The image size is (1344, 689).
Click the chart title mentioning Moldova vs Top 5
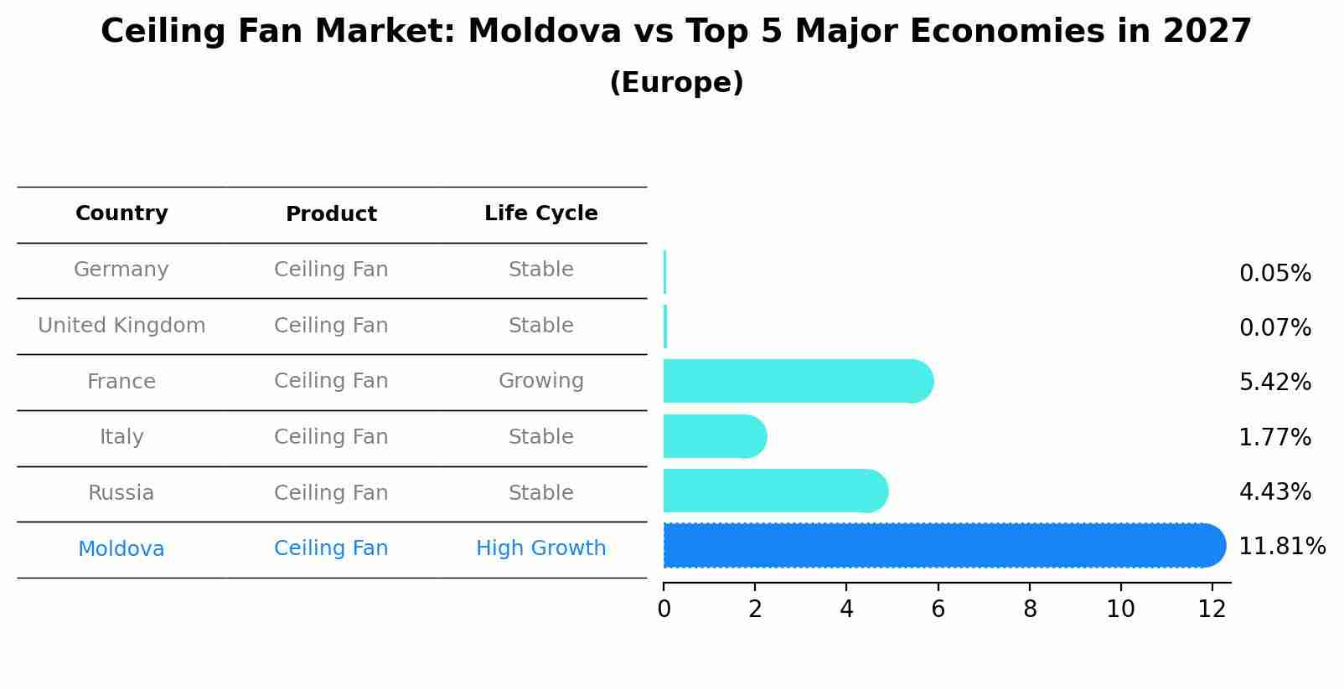[x=675, y=32]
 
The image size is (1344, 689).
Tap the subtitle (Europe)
[x=675, y=83]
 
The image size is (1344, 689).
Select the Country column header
[x=121, y=213]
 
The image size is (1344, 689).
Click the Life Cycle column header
[x=540, y=213]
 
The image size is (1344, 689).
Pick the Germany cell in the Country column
[x=121, y=270]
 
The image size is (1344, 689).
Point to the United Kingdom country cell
[x=121, y=326]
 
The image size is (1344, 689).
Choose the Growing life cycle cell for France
[x=540, y=381]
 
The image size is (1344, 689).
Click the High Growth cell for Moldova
[x=540, y=548]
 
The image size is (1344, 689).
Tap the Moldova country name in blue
[x=121, y=549]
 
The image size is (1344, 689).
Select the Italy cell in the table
[x=121, y=437]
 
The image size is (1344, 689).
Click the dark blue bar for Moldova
[x=938, y=546]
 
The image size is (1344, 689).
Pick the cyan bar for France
[x=796, y=381]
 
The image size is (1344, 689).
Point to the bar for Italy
[x=712, y=436]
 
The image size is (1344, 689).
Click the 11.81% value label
[x=1281, y=547]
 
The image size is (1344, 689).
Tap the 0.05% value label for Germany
[x=1274, y=274]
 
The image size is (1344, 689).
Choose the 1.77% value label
[x=1274, y=437]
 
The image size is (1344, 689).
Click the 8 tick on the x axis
[x=1030, y=609]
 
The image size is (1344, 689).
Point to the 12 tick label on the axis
[x=1212, y=609]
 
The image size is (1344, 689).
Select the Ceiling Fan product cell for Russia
[x=331, y=493]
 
